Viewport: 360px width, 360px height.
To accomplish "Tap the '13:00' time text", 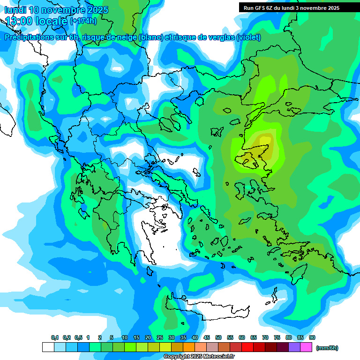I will click(x=19, y=21).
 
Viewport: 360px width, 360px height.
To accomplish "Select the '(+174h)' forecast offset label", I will click(x=83, y=21).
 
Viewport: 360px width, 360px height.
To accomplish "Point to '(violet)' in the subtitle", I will click(x=249, y=37).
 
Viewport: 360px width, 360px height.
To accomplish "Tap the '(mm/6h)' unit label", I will click(x=327, y=348).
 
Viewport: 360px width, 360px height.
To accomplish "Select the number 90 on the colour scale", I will click(x=312, y=338).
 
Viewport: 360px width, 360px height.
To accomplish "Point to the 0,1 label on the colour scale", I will click(x=55, y=338).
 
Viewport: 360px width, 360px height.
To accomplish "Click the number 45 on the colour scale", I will click(x=207, y=338).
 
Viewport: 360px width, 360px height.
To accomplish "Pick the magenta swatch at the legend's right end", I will click(x=306, y=347).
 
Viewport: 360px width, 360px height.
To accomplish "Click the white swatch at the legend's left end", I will click(x=48, y=347).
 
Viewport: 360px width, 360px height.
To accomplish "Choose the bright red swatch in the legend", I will click(x=247, y=347).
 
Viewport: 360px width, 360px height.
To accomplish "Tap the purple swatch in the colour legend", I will click(x=294, y=347).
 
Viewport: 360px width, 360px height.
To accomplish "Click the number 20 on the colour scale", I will click(x=148, y=338).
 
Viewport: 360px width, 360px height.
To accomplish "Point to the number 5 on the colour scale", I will click(x=111, y=338).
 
